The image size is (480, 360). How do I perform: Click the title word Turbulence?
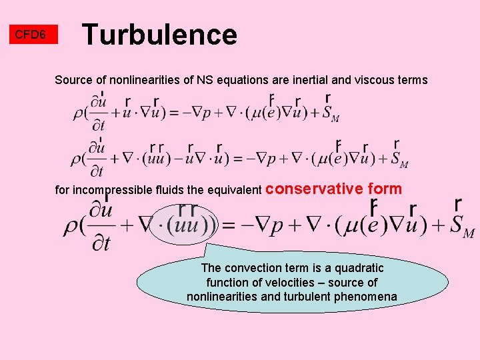(x=159, y=35)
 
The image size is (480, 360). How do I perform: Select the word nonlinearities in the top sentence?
(x=145, y=80)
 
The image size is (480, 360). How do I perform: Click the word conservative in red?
(x=315, y=189)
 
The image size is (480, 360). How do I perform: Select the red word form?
(x=385, y=189)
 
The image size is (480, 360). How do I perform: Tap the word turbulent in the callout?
(x=323, y=297)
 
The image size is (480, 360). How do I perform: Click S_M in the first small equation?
(x=331, y=115)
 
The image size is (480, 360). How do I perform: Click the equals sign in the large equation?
(x=229, y=225)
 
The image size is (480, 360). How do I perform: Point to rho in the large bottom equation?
(x=70, y=227)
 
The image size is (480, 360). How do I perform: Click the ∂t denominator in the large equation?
(x=101, y=243)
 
